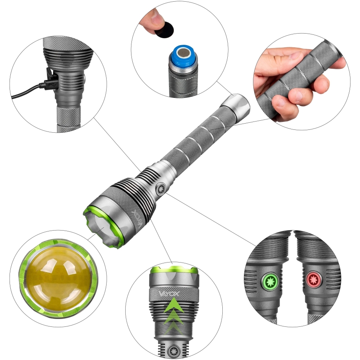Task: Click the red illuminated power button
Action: [x=314, y=280]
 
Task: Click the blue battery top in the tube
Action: [x=183, y=56]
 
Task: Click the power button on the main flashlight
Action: [x=161, y=189]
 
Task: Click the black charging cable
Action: [x=25, y=92]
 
